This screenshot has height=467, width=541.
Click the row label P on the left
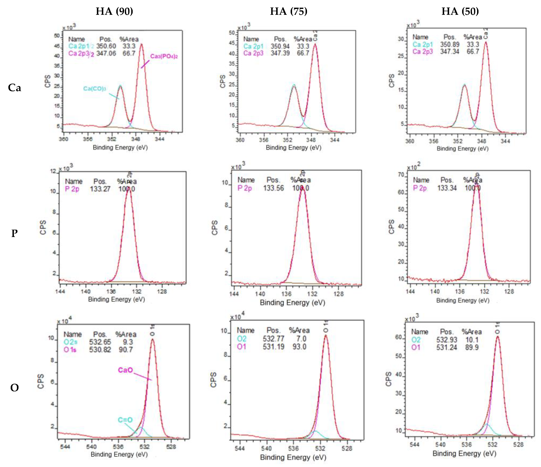[x=14, y=233]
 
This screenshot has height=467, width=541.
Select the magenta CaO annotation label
[x=125, y=370]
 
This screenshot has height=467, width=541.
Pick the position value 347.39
[x=280, y=53]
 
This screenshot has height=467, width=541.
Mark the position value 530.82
[x=100, y=350]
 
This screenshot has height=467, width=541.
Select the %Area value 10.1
[x=472, y=340]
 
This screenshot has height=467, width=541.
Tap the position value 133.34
[x=447, y=188]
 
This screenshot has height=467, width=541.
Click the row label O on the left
[x=14, y=387]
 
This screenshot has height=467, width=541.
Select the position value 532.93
[x=447, y=340]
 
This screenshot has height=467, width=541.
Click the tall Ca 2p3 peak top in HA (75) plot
[x=315, y=44]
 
